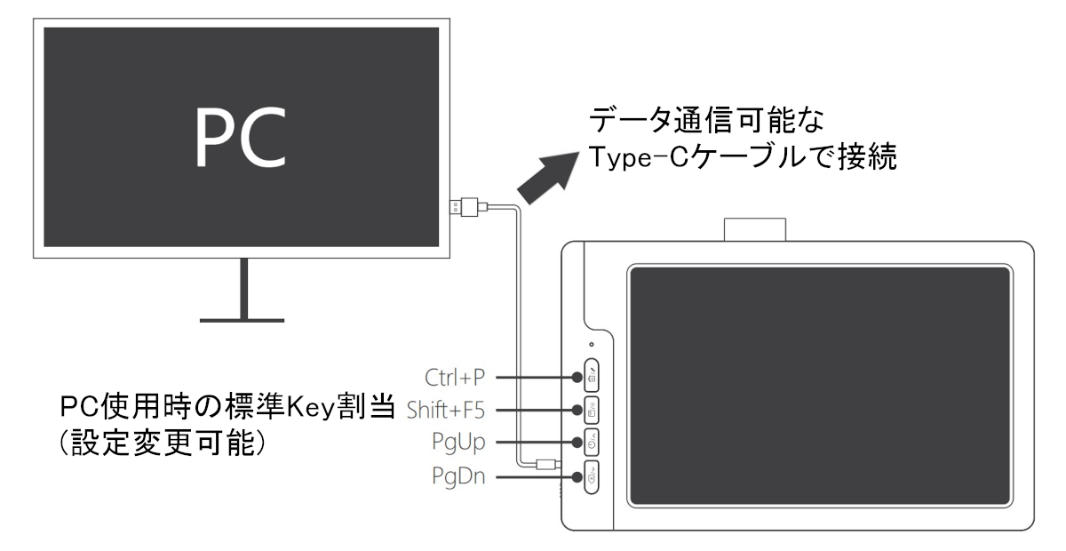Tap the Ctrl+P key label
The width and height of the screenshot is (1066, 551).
pos(456,378)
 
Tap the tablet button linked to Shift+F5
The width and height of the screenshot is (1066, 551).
pos(592,409)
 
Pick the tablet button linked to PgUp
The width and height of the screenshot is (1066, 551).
pos(592,441)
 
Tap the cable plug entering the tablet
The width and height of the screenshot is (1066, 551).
pos(548,463)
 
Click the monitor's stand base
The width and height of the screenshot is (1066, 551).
pos(242,315)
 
